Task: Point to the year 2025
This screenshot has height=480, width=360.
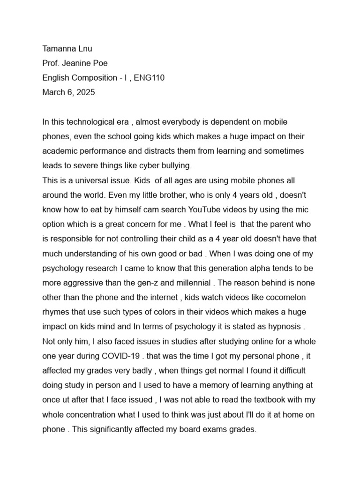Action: (85, 92)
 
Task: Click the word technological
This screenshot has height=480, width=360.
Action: (89, 122)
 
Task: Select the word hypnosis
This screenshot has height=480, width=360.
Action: (281, 327)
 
